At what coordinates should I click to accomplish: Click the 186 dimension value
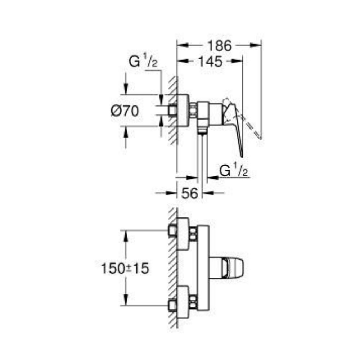coord(219,46)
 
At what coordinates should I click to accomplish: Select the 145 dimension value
coord(210,62)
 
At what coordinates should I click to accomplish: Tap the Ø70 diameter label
coord(124,111)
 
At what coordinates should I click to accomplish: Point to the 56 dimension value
coord(189,193)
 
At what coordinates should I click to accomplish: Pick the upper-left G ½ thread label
coord(143,62)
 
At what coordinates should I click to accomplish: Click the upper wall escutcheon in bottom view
coord(183,234)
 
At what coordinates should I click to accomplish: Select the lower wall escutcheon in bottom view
coord(183,302)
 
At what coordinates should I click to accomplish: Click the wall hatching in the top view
coord(172,108)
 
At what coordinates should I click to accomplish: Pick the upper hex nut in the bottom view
coord(193,234)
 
